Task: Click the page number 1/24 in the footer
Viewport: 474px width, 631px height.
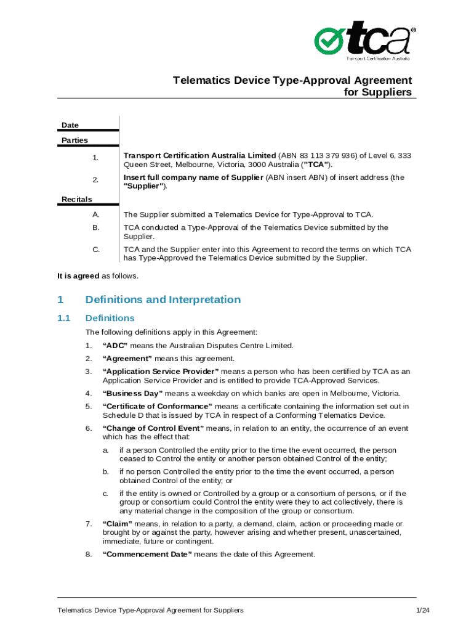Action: coord(422,610)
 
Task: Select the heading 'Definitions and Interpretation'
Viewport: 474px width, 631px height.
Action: coord(163,300)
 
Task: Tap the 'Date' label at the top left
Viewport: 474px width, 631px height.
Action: coord(70,125)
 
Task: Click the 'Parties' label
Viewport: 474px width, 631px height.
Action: coord(74,140)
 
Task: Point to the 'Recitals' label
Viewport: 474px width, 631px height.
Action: coord(76,199)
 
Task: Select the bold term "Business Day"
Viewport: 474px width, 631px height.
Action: coord(132,394)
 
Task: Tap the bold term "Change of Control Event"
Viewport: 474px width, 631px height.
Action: coord(153,428)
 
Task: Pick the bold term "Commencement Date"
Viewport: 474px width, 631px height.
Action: coord(147,555)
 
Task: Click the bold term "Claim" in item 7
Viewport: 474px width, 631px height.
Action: coord(118,524)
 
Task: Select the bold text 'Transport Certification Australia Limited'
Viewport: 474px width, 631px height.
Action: coord(199,155)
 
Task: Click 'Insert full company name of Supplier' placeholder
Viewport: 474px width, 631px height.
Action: coord(193,177)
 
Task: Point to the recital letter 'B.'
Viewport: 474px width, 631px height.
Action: coord(95,228)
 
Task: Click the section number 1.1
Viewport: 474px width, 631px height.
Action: coord(64,319)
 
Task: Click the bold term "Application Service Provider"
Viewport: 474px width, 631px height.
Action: coord(161,372)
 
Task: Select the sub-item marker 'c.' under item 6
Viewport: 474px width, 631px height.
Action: coord(106,494)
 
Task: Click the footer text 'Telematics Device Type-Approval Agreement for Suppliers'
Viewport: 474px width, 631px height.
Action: coord(150,610)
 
